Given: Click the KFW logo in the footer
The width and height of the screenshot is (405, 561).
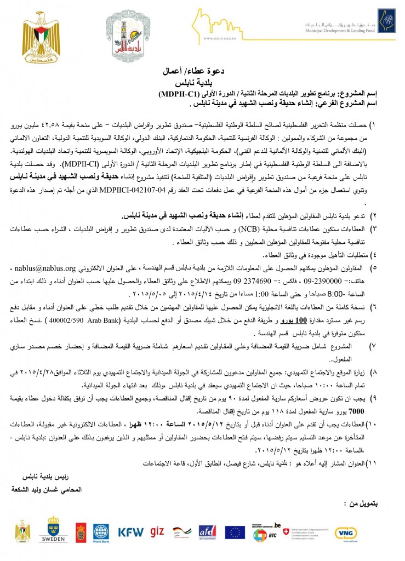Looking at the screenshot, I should [131, 531].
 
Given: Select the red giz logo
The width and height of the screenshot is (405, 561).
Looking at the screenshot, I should [157, 531].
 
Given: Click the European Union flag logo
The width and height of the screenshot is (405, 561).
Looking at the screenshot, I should [235, 531].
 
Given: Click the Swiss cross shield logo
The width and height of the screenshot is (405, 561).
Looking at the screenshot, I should [284, 532].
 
